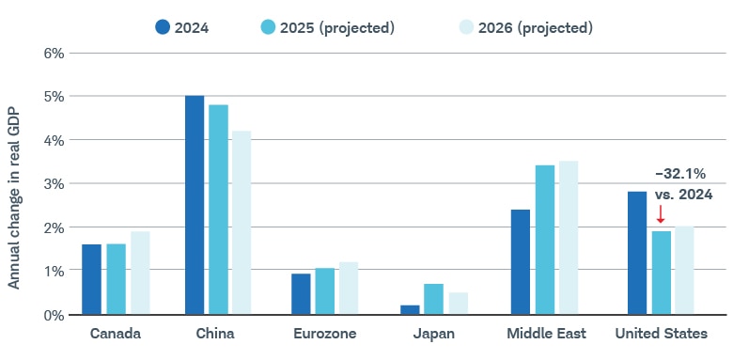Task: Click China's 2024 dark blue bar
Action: click(195, 205)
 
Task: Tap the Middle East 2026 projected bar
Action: click(568, 237)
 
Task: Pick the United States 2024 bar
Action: click(637, 253)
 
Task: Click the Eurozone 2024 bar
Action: click(301, 293)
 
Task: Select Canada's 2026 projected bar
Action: click(140, 273)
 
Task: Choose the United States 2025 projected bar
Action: click(662, 273)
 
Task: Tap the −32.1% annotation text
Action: click(680, 174)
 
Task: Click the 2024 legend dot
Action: click(163, 27)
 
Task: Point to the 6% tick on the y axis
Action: click(54, 53)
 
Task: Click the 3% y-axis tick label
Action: click(54, 183)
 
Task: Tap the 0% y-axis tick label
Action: click(54, 314)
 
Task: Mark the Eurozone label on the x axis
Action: click(324, 334)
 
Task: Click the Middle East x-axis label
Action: click(546, 334)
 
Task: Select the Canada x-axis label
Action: click(116, 334)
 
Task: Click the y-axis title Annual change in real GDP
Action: click(14, 183)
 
